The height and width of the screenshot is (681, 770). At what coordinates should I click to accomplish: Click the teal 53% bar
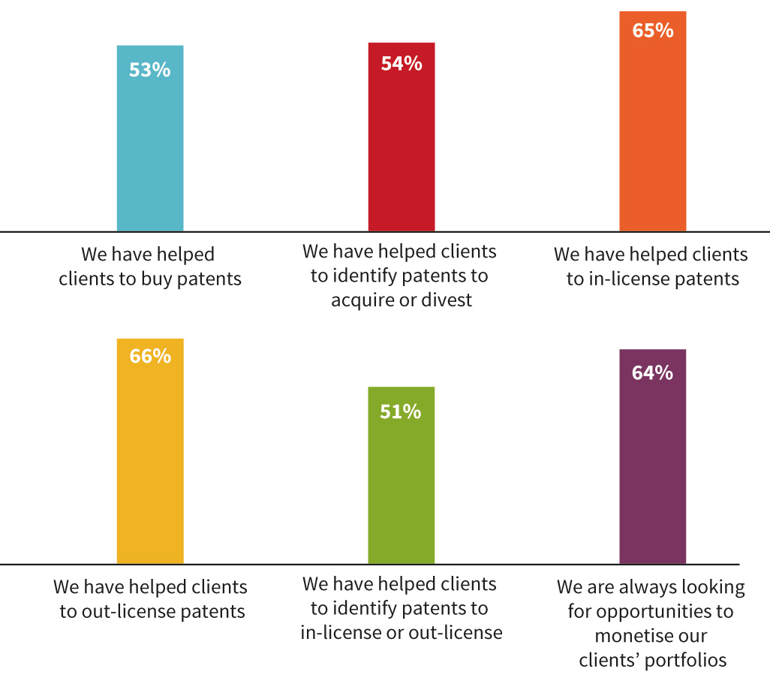coord(150,150)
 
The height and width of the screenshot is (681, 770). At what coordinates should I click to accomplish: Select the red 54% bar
coord(401,150)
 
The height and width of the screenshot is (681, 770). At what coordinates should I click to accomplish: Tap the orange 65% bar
coord(652,135)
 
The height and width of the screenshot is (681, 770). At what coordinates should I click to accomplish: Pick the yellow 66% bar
coord(150,466)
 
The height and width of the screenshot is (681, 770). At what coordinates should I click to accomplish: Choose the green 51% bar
coord(401,488)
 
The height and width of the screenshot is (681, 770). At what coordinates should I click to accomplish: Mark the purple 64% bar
coord(652,473)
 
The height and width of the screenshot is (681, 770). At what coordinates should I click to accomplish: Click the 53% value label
coord(150,71)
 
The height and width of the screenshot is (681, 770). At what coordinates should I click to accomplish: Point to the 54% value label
coord(402,64)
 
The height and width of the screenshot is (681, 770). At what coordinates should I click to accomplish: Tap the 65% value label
coord(653,31)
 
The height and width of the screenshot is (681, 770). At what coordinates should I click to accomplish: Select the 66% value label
coord(150,356)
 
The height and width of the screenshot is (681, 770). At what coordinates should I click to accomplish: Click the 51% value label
coord(402,411)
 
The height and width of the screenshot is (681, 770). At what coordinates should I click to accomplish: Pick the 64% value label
coord(653,372)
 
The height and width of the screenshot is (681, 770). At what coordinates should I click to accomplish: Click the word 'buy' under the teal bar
coord(155,279)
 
